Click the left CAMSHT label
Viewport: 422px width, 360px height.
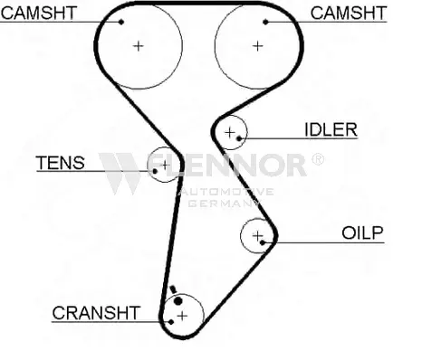39,14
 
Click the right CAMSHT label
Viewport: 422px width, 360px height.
349,14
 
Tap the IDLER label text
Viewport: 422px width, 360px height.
331,130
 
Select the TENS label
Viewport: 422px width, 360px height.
61,163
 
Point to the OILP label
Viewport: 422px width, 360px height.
362,233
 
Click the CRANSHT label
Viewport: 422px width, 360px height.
96,313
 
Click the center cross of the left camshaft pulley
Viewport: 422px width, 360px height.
139,46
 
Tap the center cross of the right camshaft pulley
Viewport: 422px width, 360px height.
258,46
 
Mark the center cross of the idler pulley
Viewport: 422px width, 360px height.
230,132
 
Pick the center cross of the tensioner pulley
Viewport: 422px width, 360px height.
165,165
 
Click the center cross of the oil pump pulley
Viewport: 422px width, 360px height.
257,236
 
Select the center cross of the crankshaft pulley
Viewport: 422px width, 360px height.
182,316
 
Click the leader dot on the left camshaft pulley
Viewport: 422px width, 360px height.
121,22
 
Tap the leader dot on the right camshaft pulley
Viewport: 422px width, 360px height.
265,22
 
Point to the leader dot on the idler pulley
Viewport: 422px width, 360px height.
239,138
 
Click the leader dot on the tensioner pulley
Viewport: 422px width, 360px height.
155,171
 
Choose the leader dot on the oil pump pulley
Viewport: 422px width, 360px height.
263,242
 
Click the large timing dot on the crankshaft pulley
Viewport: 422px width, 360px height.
178,301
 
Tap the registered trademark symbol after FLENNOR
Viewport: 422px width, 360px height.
318,159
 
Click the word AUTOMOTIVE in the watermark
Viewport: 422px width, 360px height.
225,192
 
